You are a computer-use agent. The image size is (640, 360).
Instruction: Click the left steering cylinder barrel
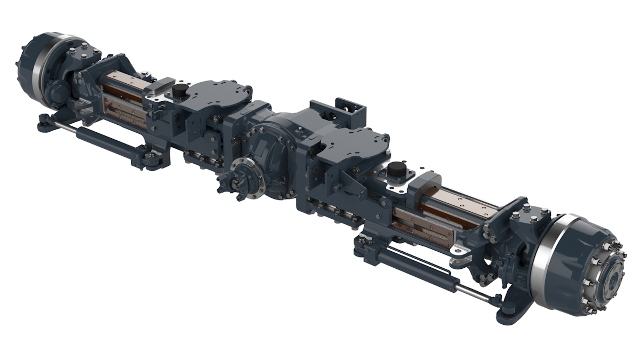coord(107,141)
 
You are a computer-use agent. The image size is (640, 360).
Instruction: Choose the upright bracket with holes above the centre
coord(349,111)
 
